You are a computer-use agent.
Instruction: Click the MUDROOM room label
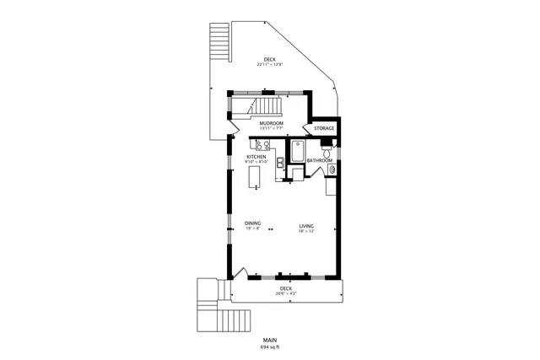[271, 123]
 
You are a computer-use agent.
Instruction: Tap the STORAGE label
[325, 128]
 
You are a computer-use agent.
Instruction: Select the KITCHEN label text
[256, 157]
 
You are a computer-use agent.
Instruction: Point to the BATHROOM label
[319, 160]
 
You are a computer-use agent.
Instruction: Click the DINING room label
[253, 223]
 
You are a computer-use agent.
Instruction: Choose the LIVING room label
[306, 226]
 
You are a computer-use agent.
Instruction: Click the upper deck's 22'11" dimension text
[269, 64]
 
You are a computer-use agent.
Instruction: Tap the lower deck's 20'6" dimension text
[284, 293]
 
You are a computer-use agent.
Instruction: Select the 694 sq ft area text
[269, 347]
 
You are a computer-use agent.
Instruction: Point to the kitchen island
[255, 176]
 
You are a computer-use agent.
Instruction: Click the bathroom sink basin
[332, 170]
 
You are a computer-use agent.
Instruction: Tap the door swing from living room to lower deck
[241, 273]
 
